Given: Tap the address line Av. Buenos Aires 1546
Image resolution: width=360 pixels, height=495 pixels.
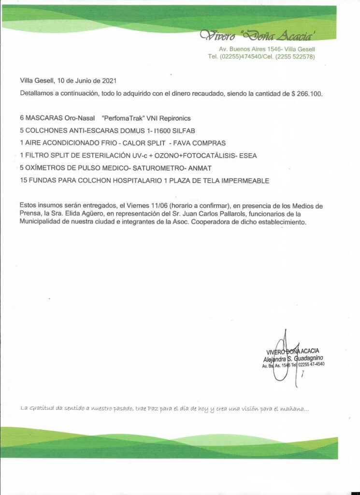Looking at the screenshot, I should click(x=251, y=49).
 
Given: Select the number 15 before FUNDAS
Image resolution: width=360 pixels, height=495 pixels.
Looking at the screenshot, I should click(x=24, y=181).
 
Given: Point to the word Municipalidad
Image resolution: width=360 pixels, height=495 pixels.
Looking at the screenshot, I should click(x=42, y=222).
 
